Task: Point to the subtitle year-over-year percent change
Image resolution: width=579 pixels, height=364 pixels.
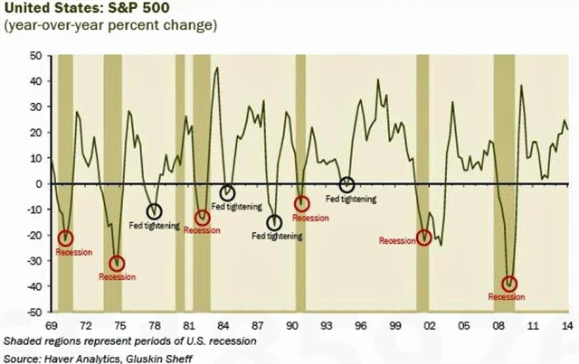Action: coord(110,25)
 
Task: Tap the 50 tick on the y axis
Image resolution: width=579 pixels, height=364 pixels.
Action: coord(37,55)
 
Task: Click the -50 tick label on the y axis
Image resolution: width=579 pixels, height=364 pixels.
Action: coord(35,312)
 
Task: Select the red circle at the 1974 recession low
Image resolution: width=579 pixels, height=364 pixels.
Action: coord(117,264)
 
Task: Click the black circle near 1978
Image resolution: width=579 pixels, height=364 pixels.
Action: coord(155,212)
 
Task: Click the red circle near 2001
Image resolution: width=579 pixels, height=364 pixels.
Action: coord(425,238)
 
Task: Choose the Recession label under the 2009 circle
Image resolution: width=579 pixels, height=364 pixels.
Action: coord(506,297)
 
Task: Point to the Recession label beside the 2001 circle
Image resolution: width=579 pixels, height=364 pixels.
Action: coord(397,241)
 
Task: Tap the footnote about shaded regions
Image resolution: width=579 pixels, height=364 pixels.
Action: coord(130,341)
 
